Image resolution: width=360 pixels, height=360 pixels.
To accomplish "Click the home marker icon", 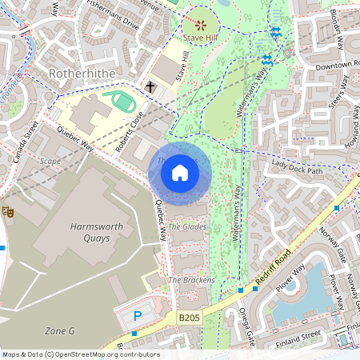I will point(180,172).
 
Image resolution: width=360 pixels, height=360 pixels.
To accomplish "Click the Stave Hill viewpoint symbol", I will point(200,25).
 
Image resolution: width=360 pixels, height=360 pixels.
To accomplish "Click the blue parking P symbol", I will point(137,317).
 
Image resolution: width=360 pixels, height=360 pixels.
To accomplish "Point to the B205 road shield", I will point(189,318).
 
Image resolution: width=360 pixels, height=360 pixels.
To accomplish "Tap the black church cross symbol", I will point(150,86).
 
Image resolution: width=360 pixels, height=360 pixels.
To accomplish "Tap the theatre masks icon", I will point(9,211).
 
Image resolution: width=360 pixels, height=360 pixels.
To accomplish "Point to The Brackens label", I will point(191,280).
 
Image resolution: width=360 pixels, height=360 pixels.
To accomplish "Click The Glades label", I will point(187,227).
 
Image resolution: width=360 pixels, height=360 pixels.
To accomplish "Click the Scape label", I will point(50,160).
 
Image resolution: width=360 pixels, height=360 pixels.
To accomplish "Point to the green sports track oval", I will point(122,102).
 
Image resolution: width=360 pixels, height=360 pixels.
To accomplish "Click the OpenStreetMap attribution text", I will point(80,354).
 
